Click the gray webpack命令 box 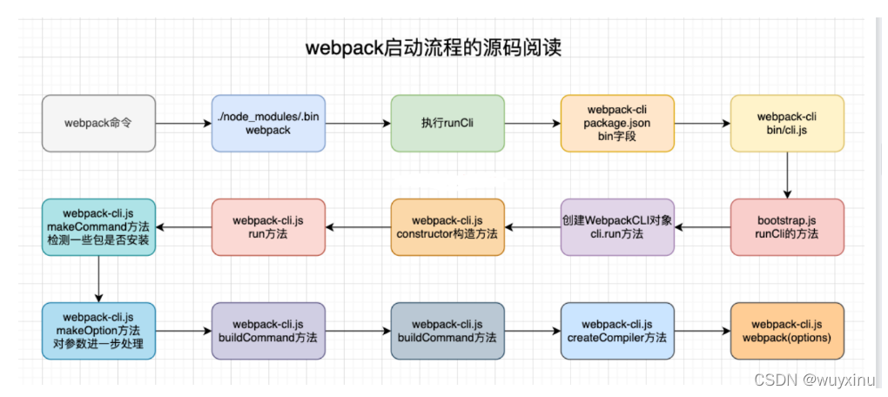(98, 123)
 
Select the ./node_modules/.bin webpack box (268, 123)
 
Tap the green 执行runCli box (447, 123)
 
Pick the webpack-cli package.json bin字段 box (617, 123)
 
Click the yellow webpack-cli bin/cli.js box (787, 123)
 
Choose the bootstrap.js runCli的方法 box (787, 227)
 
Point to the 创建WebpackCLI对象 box (617, 227)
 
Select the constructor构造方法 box (447, 227)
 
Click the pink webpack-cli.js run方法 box (268, 227)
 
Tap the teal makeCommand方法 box (98, 227)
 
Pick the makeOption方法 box (98, 331)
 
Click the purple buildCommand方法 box (268, 331)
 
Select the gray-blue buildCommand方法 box (447, 331)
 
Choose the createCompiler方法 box (617, 331)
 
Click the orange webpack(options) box (787, 331)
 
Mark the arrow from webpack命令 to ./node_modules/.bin (184, 123)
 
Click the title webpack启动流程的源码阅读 (434, 48)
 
